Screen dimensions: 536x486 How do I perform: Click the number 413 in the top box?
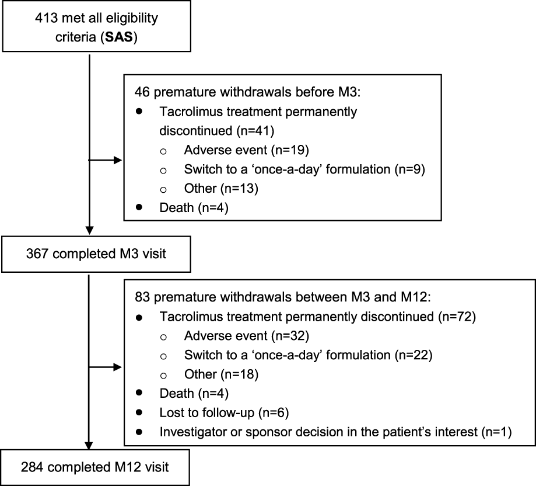pyautogui.click(x=46, y=18)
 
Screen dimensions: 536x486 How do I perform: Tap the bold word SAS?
pyautogui.click(x=119, y=37)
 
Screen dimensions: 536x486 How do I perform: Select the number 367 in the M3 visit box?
pyautogui.click(x=37, y=254)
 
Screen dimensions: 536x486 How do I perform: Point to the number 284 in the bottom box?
pyautogui.click(x=32, y=467)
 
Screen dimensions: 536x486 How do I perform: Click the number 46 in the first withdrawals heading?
pyautogui.click(x=142, y=92)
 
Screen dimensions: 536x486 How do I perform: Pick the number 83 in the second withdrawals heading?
pyautogui.click(x=142, y=297)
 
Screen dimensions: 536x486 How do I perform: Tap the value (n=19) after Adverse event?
pyautogui.click(x=290, y=150)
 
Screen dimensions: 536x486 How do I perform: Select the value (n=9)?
pyautogui.click(x=409, y=169)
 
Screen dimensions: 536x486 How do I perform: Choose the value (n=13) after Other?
pyautogui.click(x=239, y=188)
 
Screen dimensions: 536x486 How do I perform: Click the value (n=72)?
pyautogui.click(x=457, y=317)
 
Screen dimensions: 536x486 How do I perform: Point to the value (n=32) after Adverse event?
pyautogui.click(x=290, y=336)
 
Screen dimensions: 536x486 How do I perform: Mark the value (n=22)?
pyautogui.click(x=414, y=355)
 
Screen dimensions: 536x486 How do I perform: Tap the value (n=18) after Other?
pyautogui.click(x=240, y=374)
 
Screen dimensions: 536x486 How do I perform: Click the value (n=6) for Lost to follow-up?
pyautogui.click(x=274, y=413)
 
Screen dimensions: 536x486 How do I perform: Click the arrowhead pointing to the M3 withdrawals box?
pyautogui.click(x=118, y=160)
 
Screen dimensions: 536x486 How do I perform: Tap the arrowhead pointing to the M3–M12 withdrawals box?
pyautogui.click(x=118, y=367)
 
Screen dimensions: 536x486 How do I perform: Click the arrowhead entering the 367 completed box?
pyautogui.click(x=89, y=230)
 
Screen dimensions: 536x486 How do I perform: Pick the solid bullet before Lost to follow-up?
pyautogui.click(x=139, y=412)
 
